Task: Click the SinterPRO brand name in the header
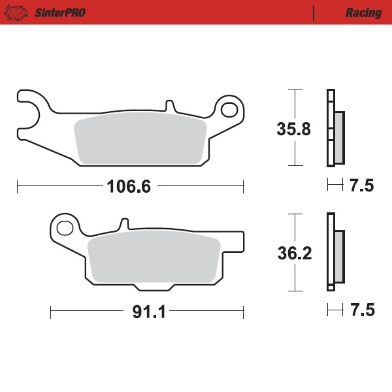pyautogui.click(x=59, y=12)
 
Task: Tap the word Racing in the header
pyautogui.click(x=363, y=12)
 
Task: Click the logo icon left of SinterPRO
pyautogui.click(x=20, y=12)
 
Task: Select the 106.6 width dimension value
pyautogui.click(x=129, y=187)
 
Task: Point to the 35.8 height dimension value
pyautogui.click(x=293, y=129)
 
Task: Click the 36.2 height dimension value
pyautogui.click(x=293, y=253)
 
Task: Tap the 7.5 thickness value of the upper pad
pyautogui.click(x=361, y=187)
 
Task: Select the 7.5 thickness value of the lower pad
pyautogui.click(x=361, y=311)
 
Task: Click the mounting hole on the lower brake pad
pyautogui.click(x=65, y=228)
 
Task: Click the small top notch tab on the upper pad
pyautogui.click(x=170, y=105)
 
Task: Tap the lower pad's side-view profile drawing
pyautogui.click(x=335, y=252)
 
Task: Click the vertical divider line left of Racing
pyautogui.click(x=314, y=12)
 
